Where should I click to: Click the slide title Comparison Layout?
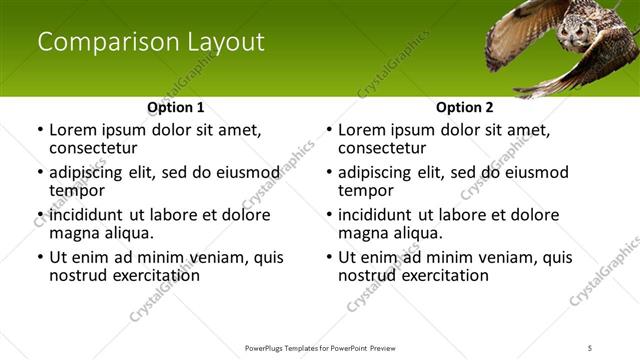tap(151, 42)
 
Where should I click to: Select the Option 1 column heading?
tap(175, 107)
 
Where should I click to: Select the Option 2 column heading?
tap(464, 107)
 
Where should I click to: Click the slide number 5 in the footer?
tap(591, 347)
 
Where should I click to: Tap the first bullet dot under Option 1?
tap(39, 130)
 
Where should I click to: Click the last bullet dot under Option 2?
tap(328, 257)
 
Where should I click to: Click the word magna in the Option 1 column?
tap(73, 233)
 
